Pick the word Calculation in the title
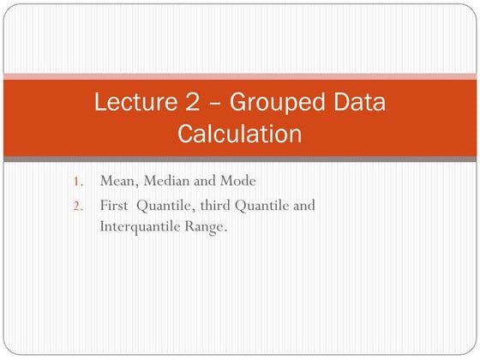pos(240,134)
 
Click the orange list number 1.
pos(77,181)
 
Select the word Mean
pos(117,181)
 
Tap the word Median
pos(165,181)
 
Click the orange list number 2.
pos(77,206)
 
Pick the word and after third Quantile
pos(304,206)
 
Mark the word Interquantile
pos(140,227)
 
